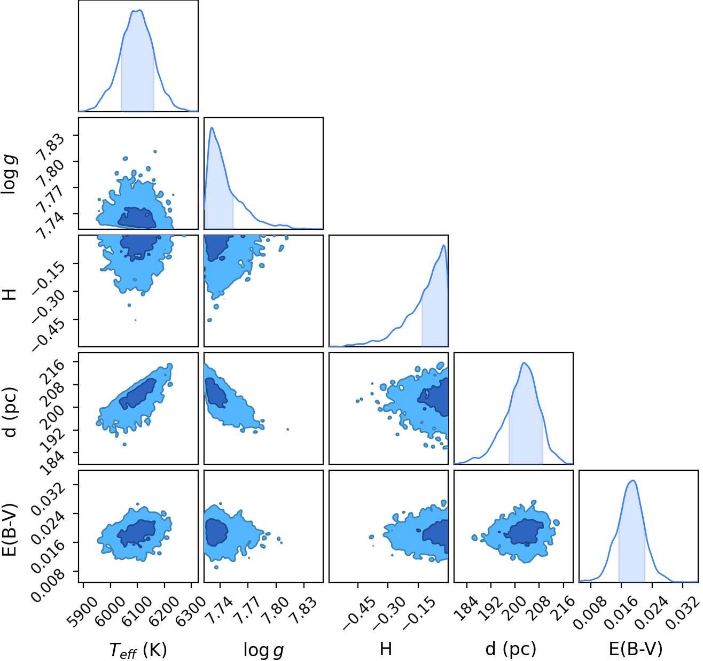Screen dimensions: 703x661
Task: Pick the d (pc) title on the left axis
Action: click(x=10, y=413)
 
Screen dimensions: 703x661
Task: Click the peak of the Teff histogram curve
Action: click(x=140, y=10)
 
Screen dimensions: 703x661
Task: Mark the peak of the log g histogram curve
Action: click(x=212, y=128)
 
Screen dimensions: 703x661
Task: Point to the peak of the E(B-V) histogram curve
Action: click(x=633, y=481)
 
